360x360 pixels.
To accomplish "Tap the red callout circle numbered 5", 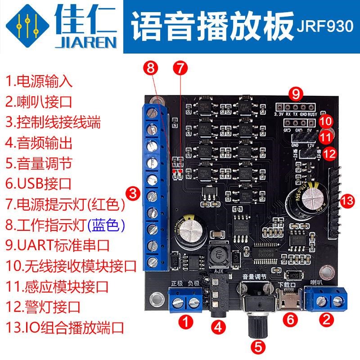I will click(x=258, y=347).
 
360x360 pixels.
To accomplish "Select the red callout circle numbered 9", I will click(x=295, y=94).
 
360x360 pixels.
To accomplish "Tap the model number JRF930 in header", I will click(x=324, y=27).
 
